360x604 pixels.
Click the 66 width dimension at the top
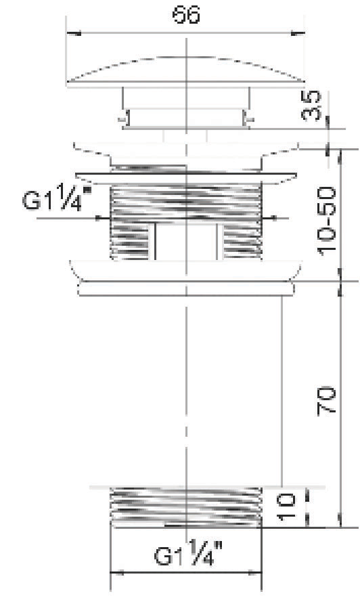(x=186, y=15)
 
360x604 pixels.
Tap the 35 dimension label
(x=311, y=106)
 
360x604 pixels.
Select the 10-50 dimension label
(x=326, y=221)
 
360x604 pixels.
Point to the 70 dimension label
(x=326, y=402)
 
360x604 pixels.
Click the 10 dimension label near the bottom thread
(x=287, y=507)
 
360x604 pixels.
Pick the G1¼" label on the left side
(x=58, y=198)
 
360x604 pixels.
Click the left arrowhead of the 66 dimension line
(x=74, y=33)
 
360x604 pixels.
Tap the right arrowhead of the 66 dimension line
(x=297, y=33)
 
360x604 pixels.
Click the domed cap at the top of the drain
(x=186, y=72)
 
